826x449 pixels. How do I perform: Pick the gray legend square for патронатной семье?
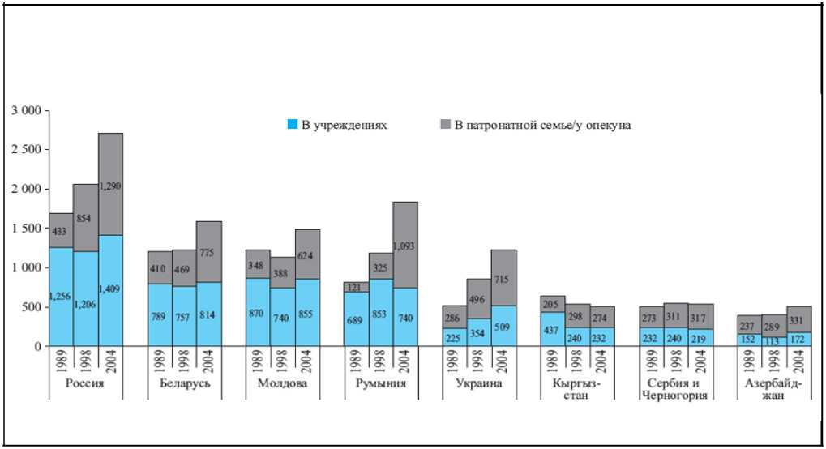445,125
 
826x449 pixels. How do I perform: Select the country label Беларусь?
183,383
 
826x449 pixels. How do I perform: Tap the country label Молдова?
282,383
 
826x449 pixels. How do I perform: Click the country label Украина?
479,383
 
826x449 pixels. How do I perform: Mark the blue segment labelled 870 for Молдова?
258,312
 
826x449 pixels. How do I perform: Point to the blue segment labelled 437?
553,329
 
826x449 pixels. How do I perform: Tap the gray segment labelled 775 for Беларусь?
208,252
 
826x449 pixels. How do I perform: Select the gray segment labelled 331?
799,319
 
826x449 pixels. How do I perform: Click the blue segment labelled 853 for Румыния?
381,312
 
